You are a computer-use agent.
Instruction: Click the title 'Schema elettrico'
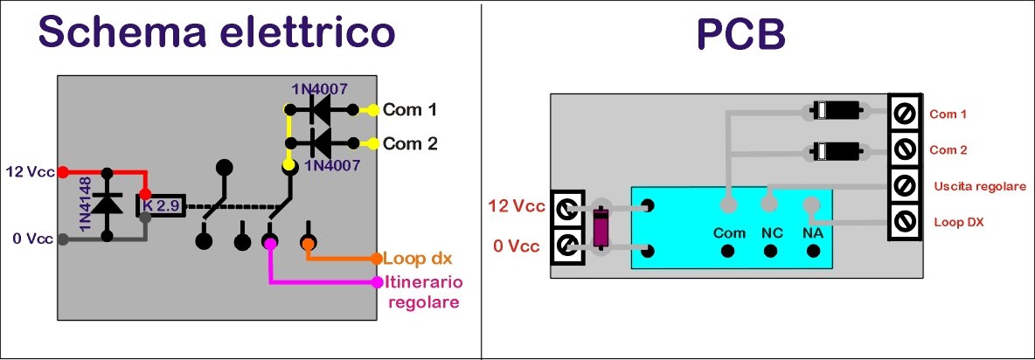[x=217, y=32]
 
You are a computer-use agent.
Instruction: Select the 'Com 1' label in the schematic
[x=409, y=110]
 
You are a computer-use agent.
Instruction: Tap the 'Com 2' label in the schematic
[x=410, y=143]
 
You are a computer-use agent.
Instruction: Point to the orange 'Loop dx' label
[x=417, y=259]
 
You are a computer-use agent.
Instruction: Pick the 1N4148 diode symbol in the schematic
[x=108, y=204]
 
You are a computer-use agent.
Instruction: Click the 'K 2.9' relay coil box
[x=160, y=204]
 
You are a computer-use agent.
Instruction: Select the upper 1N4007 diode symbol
[x=319, y=110]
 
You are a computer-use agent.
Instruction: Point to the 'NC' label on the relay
[x=769, y=233]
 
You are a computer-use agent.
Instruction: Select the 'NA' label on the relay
[x=813, y=233]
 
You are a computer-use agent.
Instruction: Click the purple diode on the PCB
[x=600, y=227]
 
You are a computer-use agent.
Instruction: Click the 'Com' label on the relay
[x=728, y=233]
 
